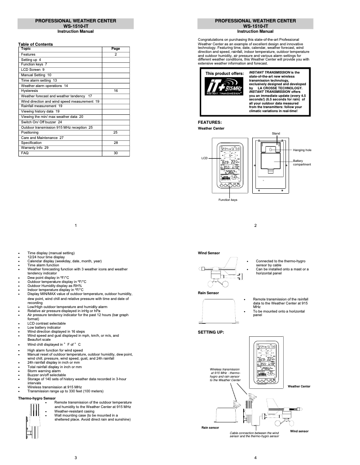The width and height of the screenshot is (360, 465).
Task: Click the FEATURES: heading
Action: [x=210, y=122]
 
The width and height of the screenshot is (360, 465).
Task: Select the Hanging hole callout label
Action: [x=302, y=150]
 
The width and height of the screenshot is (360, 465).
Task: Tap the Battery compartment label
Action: [x=302, y=162]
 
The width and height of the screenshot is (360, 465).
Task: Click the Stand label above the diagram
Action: [x=276, y=134]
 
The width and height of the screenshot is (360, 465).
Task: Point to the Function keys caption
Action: [x=228, y=200]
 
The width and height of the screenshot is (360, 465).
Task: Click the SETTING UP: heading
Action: [x=211, y=332]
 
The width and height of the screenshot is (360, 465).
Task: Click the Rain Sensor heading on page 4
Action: [x=208, y=293]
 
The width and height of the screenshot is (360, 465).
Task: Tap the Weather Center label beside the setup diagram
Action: [x=299, y=386]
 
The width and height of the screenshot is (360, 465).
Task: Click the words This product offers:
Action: [x=224, y=73]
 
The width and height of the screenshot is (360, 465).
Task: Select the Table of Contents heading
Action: [x=35, y=44]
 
